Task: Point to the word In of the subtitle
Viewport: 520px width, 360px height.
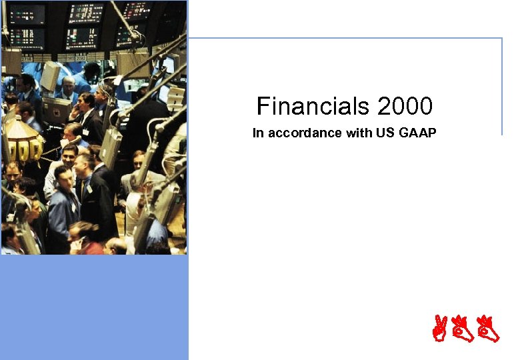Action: tap(257, 133)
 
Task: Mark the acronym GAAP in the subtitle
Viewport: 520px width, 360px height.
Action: tap(418, 133)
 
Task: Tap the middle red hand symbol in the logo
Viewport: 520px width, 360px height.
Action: tap(464, 329)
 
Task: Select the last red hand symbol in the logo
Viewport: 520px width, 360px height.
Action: tap(489, 329)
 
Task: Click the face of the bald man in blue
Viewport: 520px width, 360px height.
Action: tap(67, 85)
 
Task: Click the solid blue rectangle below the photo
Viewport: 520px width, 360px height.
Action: tap(94, 307)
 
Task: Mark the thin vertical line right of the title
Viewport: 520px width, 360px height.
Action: tap(501, 87)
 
